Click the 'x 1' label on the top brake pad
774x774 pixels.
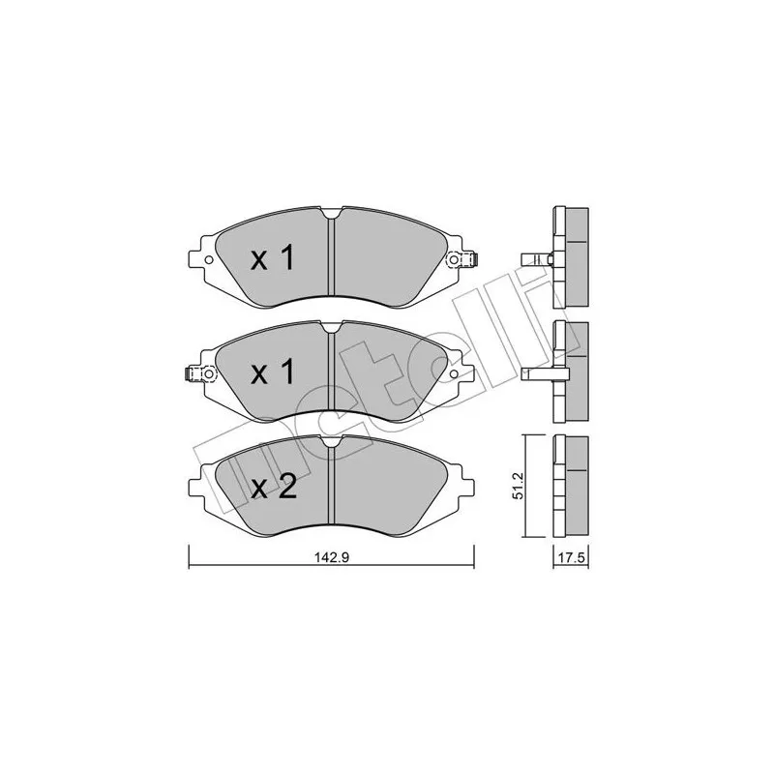click(x=272, y=259)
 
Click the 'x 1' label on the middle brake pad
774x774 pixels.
click(x=272, y=373)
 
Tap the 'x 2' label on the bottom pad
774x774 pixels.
click(x=272, y=488)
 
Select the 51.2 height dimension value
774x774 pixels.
click(x=519, y=487)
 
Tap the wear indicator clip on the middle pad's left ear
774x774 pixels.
click(x=193, y=375)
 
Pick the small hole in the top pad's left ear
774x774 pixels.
click(x=207, y=259)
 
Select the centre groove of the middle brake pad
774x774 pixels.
click(x=331, y=375)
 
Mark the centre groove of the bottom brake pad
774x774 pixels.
click(x=331, y=489)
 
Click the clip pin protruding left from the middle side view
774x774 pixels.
click(x=534, y=373)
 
